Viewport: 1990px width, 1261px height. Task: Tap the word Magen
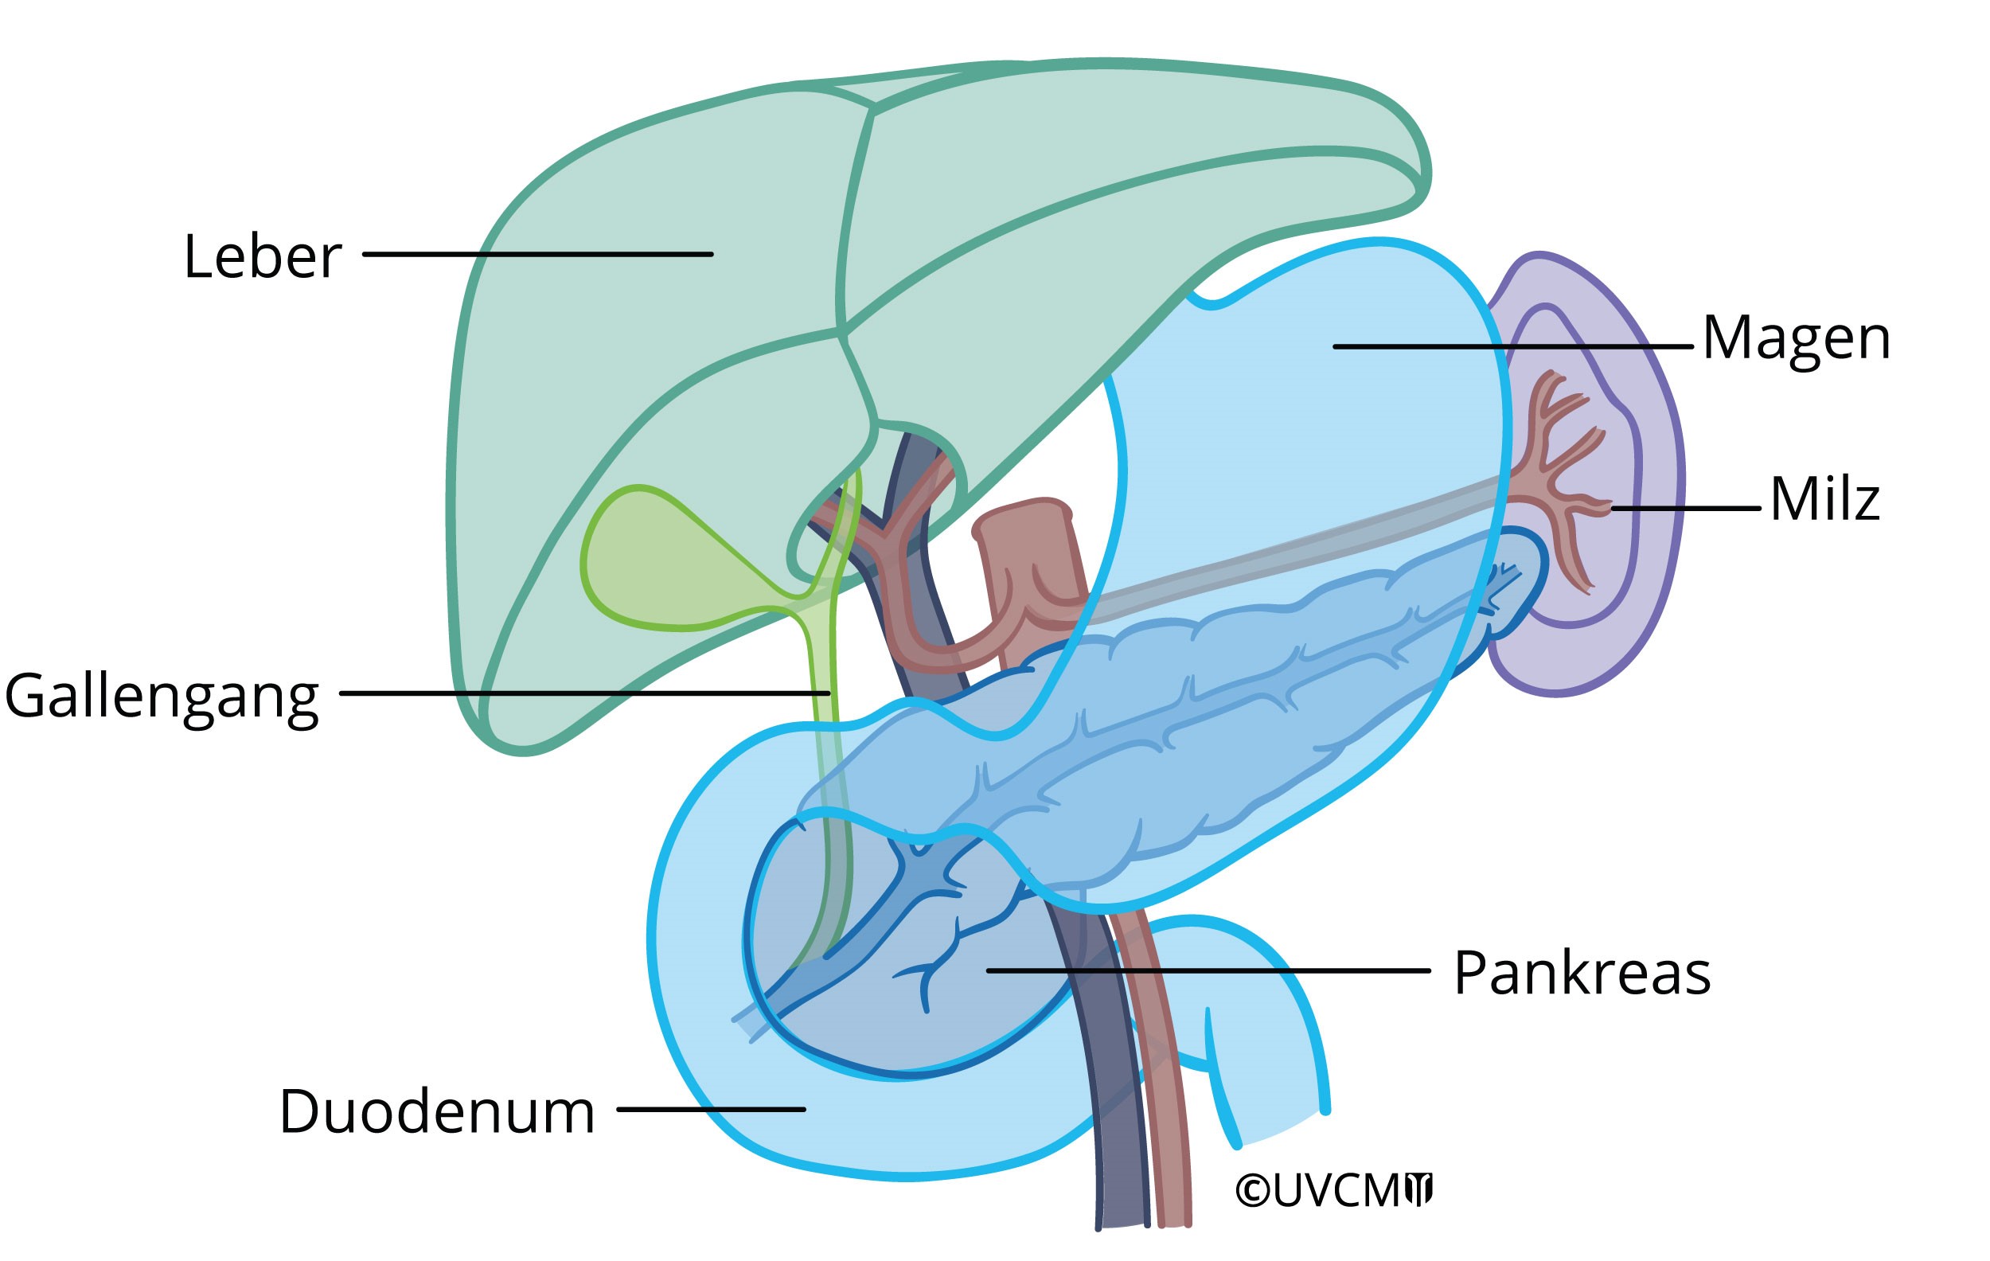tap(1796, 339)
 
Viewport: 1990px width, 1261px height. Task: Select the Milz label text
tap(1824, 499)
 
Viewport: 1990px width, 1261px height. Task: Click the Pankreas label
tap(1582, 974)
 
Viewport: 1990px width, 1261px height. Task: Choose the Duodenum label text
tap(437, 1111)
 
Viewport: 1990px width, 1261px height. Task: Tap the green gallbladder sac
tap(653, 562)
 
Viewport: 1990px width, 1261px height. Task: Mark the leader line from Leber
tap(537, 255)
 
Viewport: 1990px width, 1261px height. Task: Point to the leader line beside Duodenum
tap(711, 1109)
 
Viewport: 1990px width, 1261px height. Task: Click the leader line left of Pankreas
tap(1207, 971)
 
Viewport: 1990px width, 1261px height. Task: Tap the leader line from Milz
tap(1686, 508)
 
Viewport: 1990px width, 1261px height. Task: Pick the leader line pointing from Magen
tap(1512, 347)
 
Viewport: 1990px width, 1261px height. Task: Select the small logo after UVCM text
tap(1419, 1189)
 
